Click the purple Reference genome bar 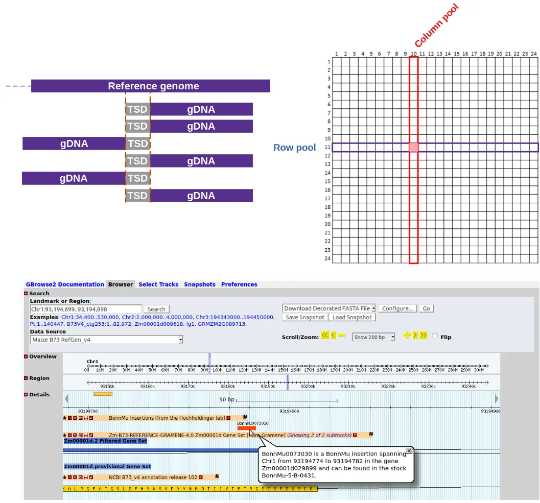coord(151,86)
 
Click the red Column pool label coord(436,26)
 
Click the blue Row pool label coord(294,148)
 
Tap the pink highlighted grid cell coord(414,148)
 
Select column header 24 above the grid coord(533,54)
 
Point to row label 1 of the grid coord(328,62)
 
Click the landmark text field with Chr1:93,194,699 coord(85,309)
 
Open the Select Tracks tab coord(158,284)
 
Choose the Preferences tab coord(239,284)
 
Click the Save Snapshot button coord(304,317)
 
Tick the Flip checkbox coord(435,336)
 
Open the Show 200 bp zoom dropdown coord(374,337)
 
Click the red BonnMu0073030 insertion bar coord(247,428)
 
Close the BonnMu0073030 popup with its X coord(409,451)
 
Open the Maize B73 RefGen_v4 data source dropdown coord(106,340)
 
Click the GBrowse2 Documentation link coord(65,284)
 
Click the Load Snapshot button coord(352,317)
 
